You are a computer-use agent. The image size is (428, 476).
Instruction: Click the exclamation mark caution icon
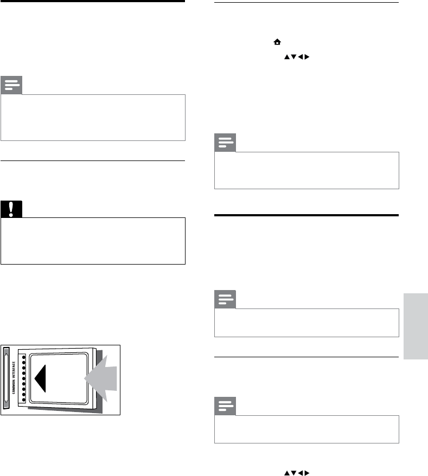pyautogui.click(x=11, y=209)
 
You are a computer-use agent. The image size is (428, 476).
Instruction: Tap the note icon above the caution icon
pyautogui.click(x=11, y=86)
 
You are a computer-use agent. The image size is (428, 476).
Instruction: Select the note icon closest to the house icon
pyautogui.click(x=225, y=144)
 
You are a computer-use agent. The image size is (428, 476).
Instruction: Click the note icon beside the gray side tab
pyautogui.click(x=225, y=300)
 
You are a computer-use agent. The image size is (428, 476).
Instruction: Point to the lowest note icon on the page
pyautogui.click(x=225, y=407)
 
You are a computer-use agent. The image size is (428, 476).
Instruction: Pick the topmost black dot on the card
pyautogui.click(x=23, y=357)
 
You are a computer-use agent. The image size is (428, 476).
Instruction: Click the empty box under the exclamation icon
pyautogui.click(x=93, y=241)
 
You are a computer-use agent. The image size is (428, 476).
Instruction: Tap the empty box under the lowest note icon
pyautogui.click(x=306, y=430)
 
